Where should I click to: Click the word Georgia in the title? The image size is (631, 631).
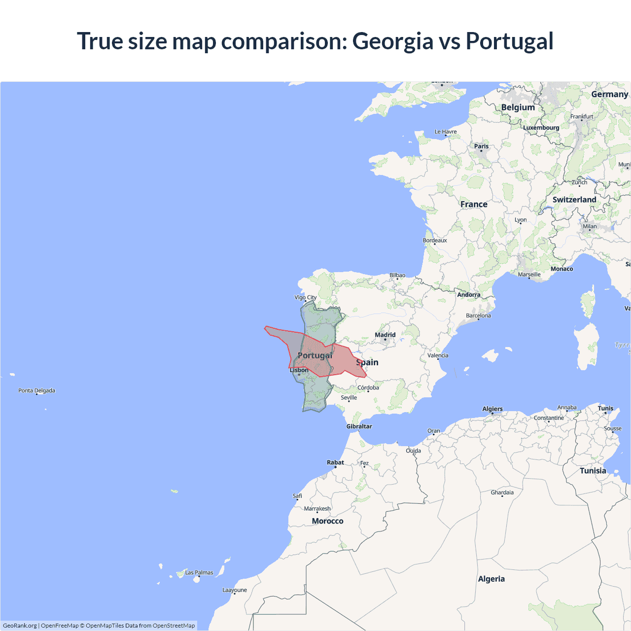pos(392,41)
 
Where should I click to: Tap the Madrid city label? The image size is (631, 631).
pos(385,335)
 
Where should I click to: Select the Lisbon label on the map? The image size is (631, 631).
pos(299,370)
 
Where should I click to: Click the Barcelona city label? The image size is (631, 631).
pos(478,315)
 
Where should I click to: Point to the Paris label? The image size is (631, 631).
pos(481,146)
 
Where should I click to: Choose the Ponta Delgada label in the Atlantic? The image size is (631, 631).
pos(36,390)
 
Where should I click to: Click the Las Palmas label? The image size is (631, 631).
pos(199,572)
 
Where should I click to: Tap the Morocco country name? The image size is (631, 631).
pos(327,521)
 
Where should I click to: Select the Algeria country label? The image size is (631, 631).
pos(491,579)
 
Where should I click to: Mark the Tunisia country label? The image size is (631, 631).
pos(593,471)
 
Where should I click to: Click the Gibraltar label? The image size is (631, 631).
pos(359,426)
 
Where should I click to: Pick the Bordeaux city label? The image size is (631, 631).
pos(435,241)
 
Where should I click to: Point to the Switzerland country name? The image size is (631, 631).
pos(574,200)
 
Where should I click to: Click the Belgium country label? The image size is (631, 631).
pos(518,107)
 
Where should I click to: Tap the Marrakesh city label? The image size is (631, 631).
pos(317,509)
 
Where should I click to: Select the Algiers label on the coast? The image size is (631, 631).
pos(492,409)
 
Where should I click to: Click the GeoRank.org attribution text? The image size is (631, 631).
pos(20,626)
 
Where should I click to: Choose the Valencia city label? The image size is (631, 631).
pos(438,355)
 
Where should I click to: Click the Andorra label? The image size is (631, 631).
pos(468,295)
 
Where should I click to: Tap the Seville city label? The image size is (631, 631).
pos(349,397)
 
